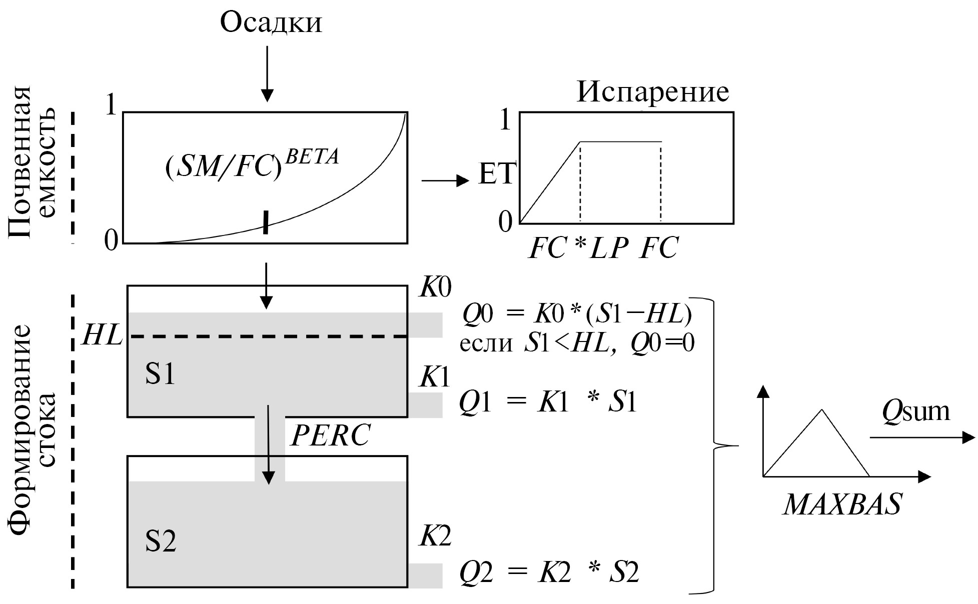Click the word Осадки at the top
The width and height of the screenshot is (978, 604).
[271, 23]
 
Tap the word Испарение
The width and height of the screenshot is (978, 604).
[653, 92]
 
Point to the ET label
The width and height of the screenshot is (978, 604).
[496, 174]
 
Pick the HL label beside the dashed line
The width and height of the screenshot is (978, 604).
[102, 335]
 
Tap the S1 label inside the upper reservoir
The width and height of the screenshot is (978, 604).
[160, 374]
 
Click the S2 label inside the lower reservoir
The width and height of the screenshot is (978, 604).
[161, 541]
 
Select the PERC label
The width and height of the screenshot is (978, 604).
[330, 435]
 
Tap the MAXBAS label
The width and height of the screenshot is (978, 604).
[842, 504]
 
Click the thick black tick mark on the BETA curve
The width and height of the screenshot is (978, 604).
[266, 222]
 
